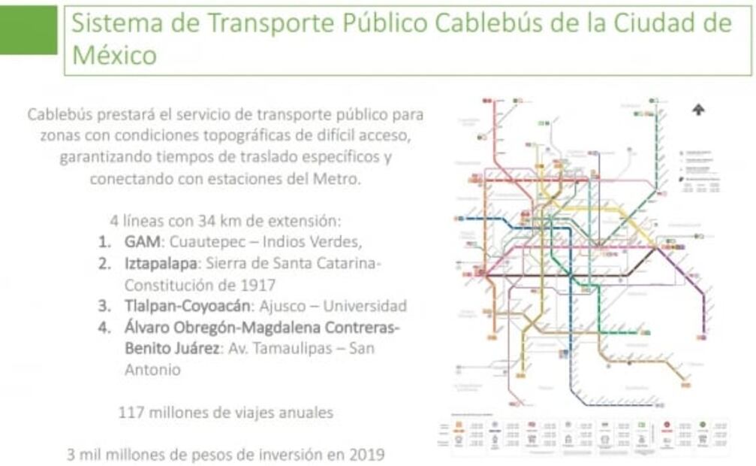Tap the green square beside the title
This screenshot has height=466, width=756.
point(29,29)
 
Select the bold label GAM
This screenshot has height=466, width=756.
point(142,243)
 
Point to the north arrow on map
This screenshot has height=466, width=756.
point(699,110)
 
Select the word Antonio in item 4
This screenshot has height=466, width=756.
point(152,370)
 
